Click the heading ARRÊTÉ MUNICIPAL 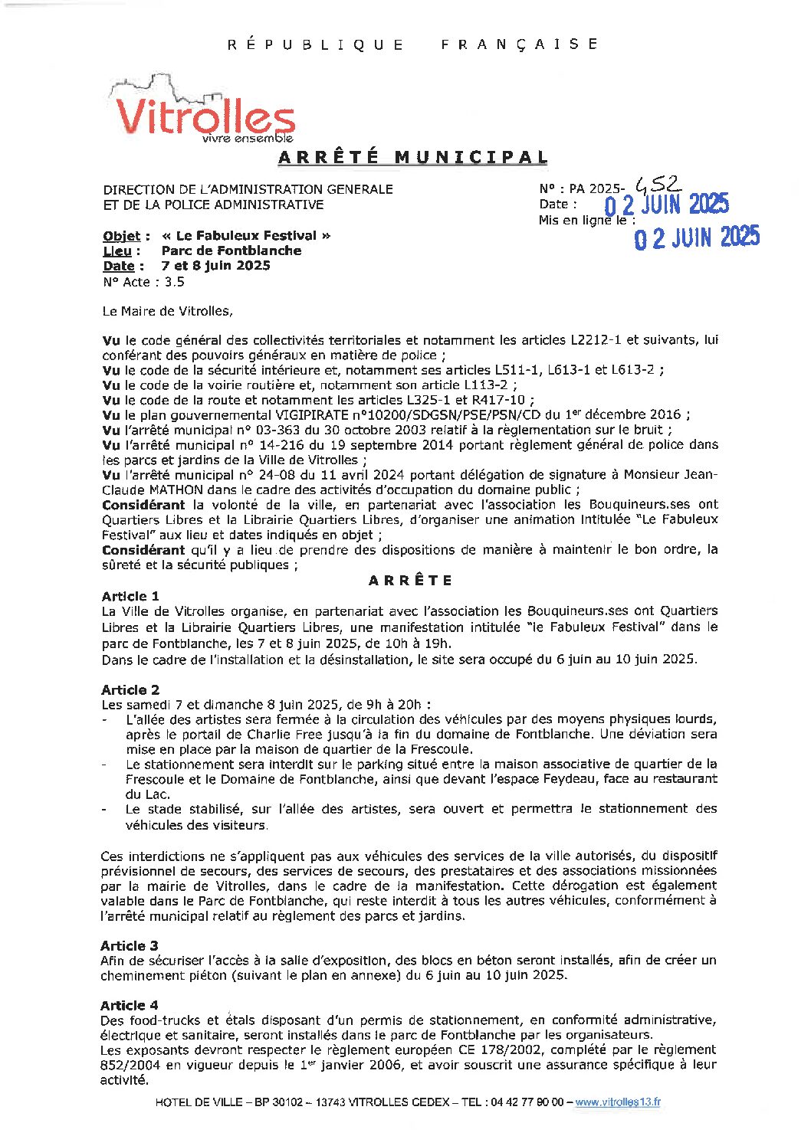click(x=412, y=158)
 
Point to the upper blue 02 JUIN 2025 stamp click(x=666, y=205)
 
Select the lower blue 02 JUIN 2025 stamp click(x=696, y=237)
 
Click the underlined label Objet click(x=122, y=236)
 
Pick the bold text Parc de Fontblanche click(x=231, y=250)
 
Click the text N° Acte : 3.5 click(x=143, y=282)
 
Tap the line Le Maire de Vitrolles click(x=166, y=311)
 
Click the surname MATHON click(x=174, y=490)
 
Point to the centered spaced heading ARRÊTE click(x=410, y=581)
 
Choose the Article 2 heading click(x=130, y=689)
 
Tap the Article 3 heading click(x=130, y=945)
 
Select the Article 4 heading click(x=130, y=1005)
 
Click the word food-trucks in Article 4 click(x=166, y=1020)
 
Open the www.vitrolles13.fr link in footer click(x=617, y=1102)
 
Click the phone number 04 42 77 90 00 click(x=524, y=1102)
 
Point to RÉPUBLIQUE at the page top click(x=316, y=44)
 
